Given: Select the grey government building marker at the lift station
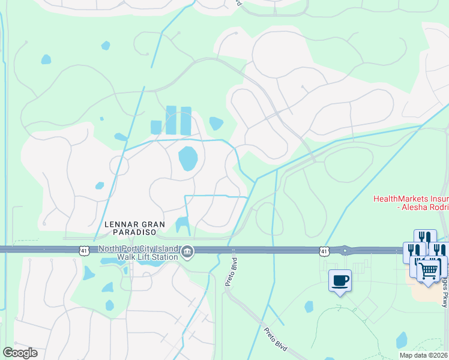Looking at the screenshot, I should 187,251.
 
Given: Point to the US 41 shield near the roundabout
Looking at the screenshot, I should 325,250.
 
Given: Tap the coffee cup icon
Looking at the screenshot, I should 340,280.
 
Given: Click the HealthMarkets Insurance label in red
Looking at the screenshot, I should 411,199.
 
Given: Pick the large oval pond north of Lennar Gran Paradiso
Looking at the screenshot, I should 188,158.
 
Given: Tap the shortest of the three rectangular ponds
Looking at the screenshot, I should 156,127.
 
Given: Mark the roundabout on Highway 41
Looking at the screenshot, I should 345,250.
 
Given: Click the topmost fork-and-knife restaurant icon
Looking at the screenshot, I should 425,236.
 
